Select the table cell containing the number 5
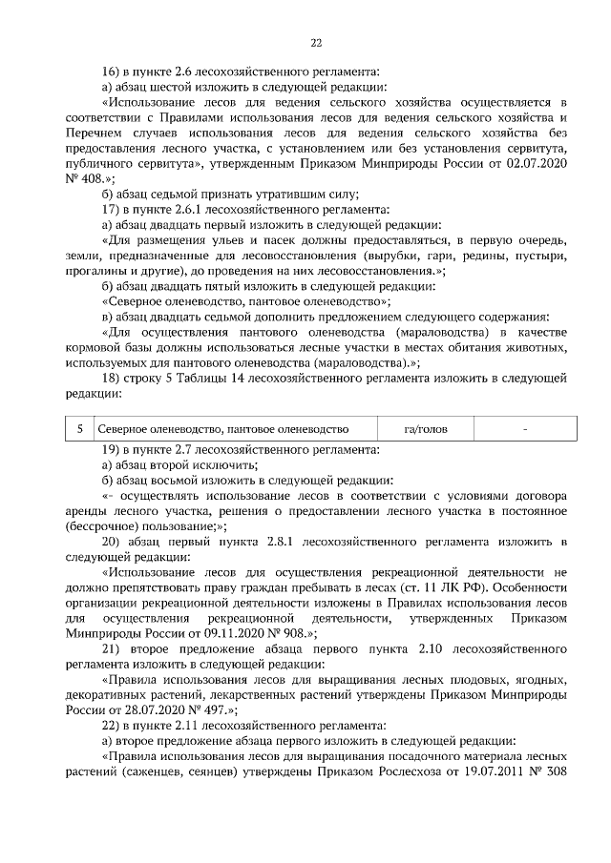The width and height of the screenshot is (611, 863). pyautogui.click(x=80, y=430)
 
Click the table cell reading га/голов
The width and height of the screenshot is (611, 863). pyautogui.click(x=426, y=430)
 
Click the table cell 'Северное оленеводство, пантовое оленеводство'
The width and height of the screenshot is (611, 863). pyautogui.click(x=224, y=430)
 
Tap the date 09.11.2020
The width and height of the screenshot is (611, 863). pyautogui.click(x=231, y=632)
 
